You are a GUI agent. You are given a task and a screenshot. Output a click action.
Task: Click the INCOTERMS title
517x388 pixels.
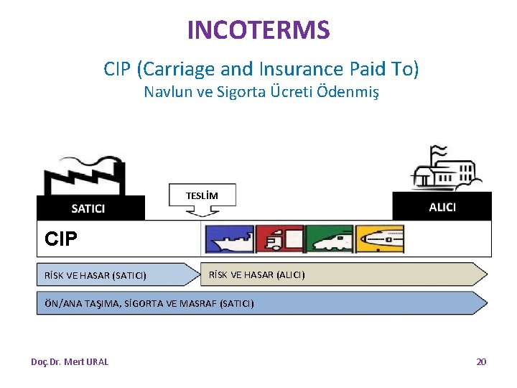coord(258,30)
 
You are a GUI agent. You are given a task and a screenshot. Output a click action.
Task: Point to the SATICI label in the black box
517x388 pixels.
coord(88,208)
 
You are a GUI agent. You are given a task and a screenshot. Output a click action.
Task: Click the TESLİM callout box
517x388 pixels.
coord(202,195)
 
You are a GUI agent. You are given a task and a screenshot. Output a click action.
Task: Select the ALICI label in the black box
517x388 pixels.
coord(442,207)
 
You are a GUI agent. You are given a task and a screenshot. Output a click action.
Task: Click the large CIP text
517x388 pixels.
coord(60,239)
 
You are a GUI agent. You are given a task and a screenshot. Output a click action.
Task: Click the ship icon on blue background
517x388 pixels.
coord(229,239)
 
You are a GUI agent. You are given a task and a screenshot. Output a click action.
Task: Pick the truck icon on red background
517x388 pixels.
coord(279,239)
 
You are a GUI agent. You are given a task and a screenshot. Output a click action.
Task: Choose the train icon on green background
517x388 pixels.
coord(330,239)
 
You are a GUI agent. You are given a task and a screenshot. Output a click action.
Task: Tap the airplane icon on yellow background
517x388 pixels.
coord(380,239)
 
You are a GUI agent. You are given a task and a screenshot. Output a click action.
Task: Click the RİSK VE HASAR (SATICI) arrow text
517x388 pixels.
coord(96,275)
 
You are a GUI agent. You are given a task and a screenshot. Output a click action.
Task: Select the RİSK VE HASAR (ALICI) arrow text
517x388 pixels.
coord(256,274)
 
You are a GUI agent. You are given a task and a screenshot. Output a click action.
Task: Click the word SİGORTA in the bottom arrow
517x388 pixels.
coord(143,303)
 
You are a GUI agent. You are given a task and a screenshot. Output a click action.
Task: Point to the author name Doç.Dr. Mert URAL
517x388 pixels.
coord(70,362)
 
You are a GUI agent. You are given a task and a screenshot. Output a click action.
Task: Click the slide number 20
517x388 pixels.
coord(481,362)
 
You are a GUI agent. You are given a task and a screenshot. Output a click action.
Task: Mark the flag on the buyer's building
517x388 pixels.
coord(436,153)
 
